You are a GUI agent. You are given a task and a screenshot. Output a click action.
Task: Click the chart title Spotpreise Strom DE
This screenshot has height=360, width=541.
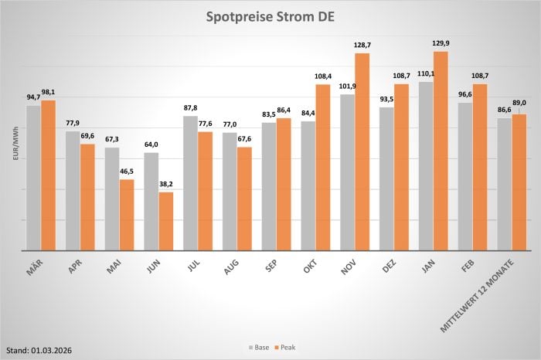point(270,17)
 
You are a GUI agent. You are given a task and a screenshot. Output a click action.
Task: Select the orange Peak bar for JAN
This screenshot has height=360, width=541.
point(441,151)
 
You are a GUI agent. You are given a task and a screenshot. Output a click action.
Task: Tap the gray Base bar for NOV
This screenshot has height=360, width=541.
point(348,172)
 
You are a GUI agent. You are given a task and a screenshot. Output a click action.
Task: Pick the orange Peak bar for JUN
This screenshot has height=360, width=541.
point(166,221)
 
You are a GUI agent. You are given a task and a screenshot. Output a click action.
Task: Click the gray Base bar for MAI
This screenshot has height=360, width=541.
point(113,199)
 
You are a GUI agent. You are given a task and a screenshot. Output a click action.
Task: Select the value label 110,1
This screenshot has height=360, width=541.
point(427,74)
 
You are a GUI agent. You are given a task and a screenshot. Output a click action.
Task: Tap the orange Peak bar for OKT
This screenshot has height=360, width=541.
point(323,167)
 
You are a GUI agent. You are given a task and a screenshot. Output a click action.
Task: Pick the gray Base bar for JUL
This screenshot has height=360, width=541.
point(191,183)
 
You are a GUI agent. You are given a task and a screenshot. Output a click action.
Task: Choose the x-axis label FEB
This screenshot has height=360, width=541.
point(468,267)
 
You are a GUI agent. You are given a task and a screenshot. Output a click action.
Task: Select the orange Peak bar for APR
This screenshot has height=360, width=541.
point(88,197)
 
